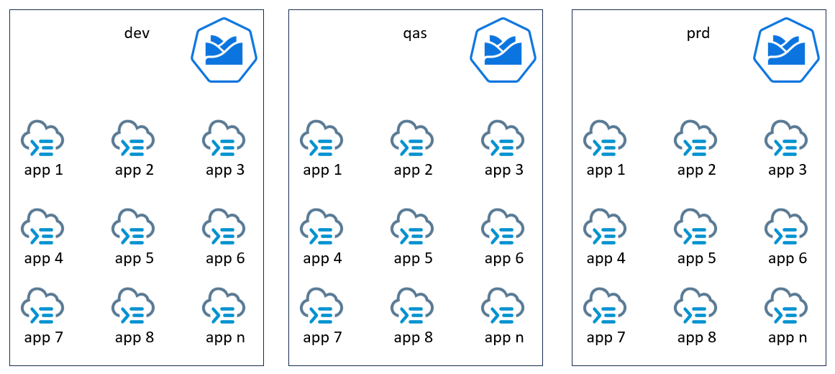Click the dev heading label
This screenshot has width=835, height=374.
point(137,33)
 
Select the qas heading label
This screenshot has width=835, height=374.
point(415,33)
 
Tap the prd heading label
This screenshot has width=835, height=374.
point(698,33)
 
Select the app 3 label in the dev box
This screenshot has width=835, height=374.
point(225,170)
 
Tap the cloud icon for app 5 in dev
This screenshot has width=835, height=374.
point(134,227)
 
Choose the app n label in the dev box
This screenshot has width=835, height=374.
point(225,337)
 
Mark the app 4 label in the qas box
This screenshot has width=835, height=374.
point(322,258)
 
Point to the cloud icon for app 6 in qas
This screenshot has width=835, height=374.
point(503,227)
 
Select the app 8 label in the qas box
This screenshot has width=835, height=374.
point(413,337)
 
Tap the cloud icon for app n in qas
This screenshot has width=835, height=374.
point(503,306)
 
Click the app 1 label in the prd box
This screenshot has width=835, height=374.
point(606,170)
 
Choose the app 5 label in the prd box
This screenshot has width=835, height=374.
point(696,258)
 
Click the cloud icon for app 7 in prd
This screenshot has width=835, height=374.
point(605,306)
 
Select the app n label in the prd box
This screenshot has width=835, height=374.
point(788,337)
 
